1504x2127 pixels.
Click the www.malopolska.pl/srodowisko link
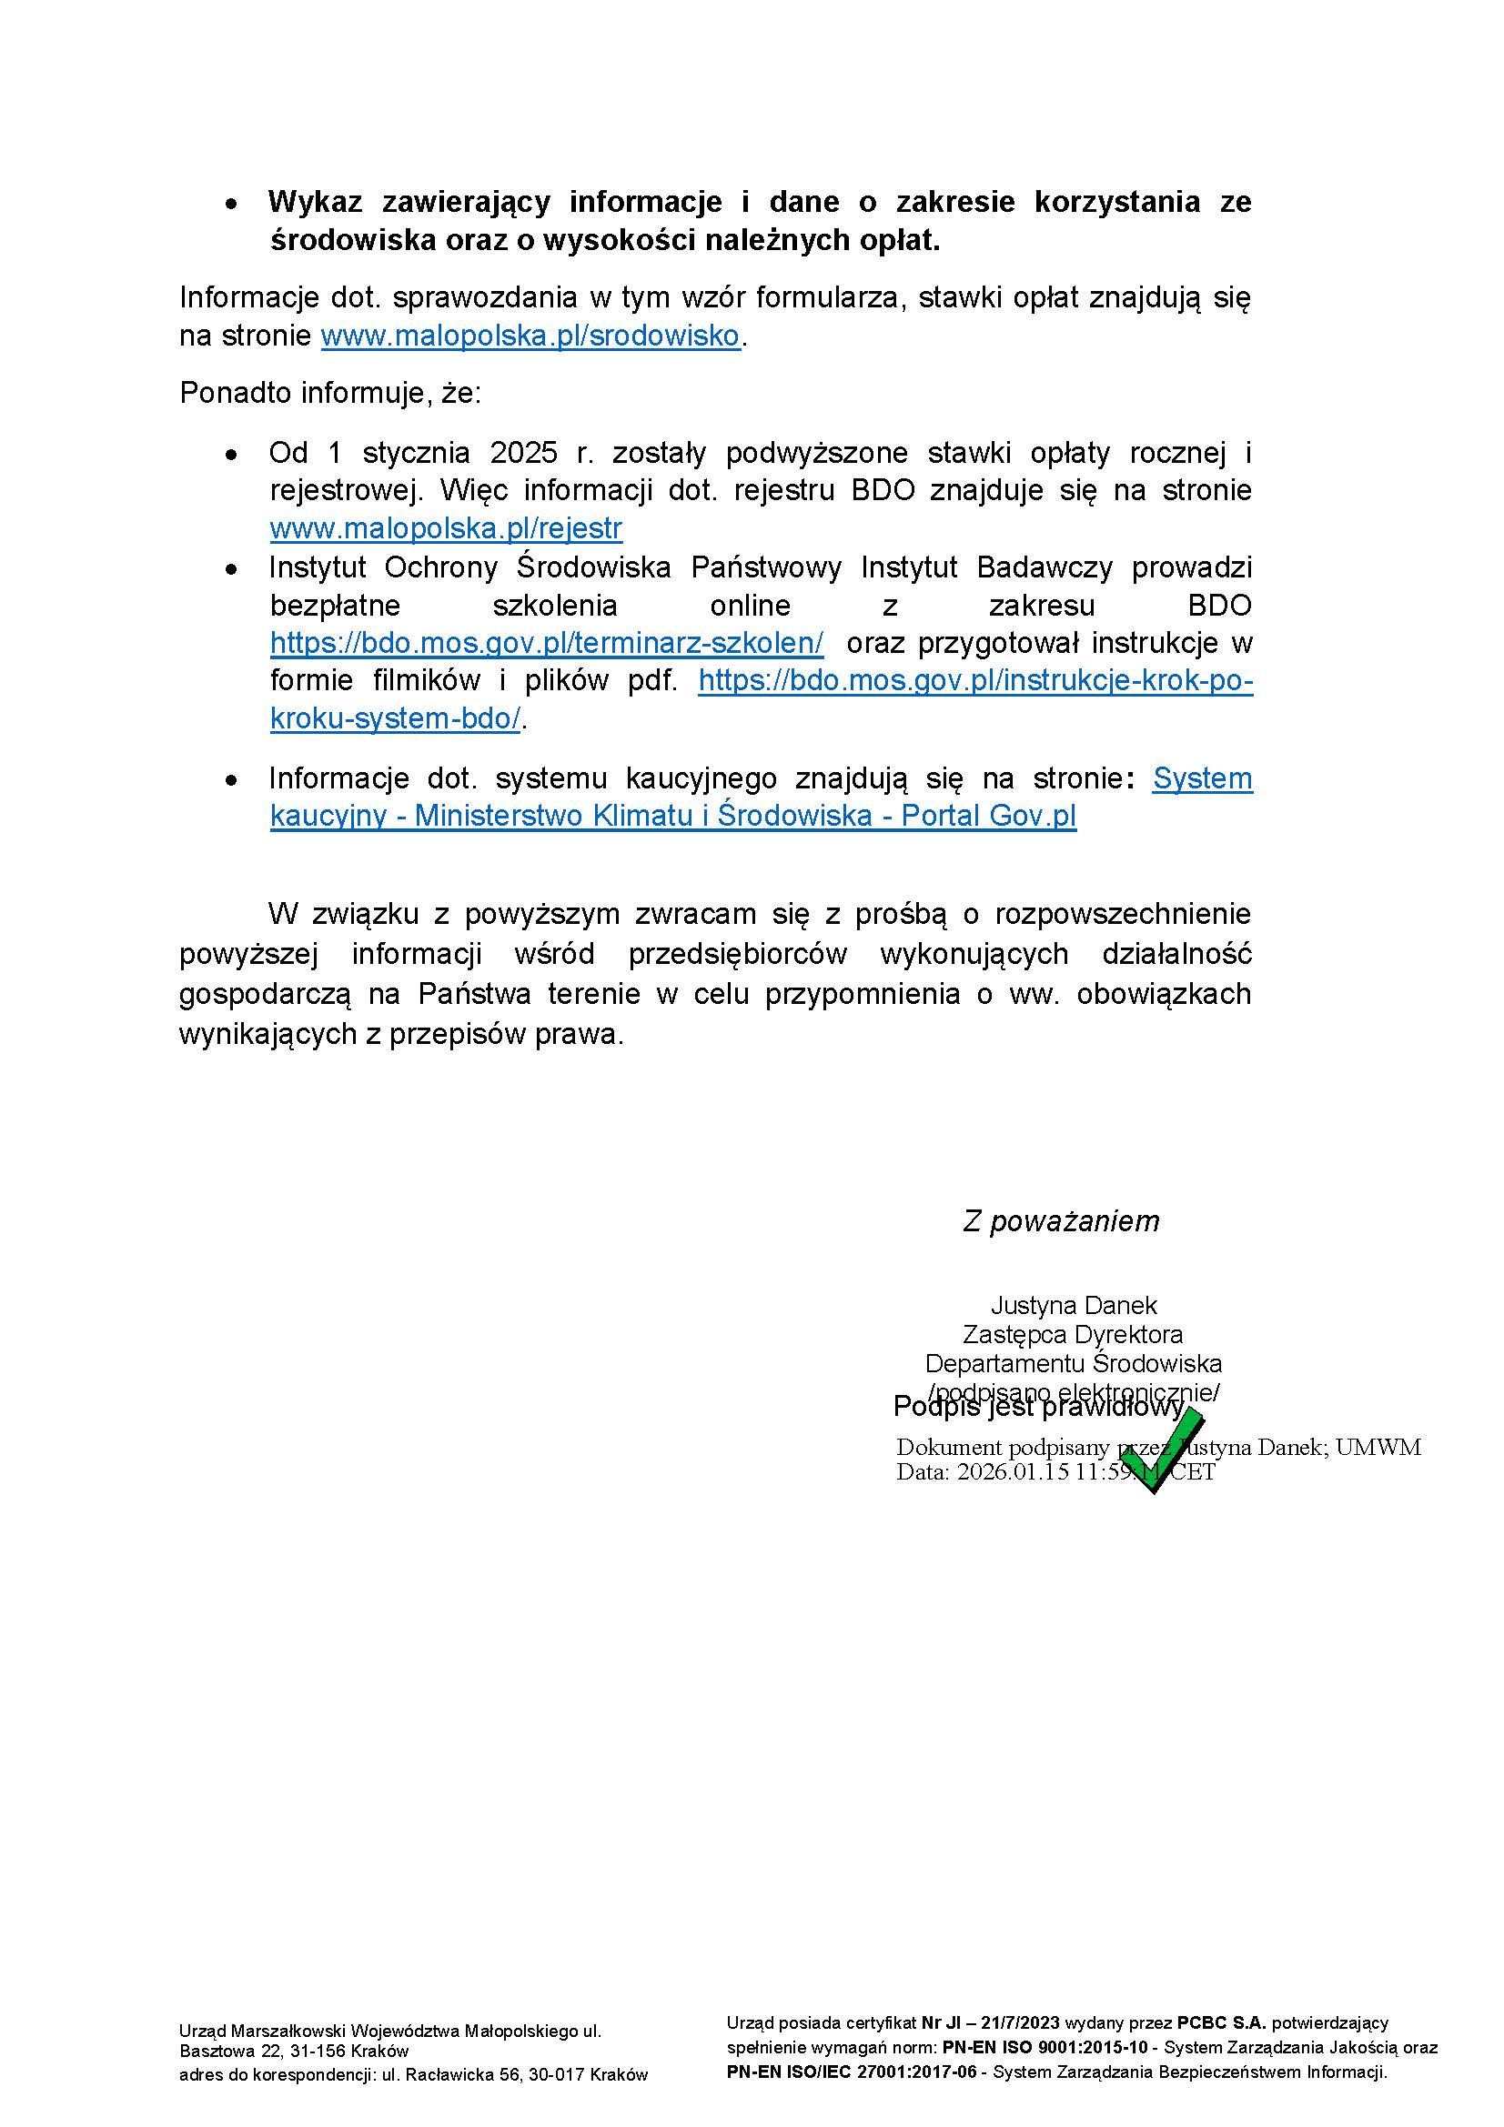coord(530,336)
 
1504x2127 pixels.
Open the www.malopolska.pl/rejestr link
coord(446,528)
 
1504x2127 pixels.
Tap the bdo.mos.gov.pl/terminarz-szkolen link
coord(547,642)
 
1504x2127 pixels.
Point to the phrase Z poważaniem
coord(1061,1221)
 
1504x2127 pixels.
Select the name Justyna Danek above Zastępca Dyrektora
coord(1073,1305)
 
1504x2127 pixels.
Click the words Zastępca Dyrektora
coord(1072,1334)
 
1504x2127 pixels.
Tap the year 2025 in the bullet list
coord(523,453)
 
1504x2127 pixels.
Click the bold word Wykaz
coord(316,201)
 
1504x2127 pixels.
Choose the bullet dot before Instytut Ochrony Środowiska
coord(232,567)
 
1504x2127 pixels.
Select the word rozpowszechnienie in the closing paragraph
coord(1122,913)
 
